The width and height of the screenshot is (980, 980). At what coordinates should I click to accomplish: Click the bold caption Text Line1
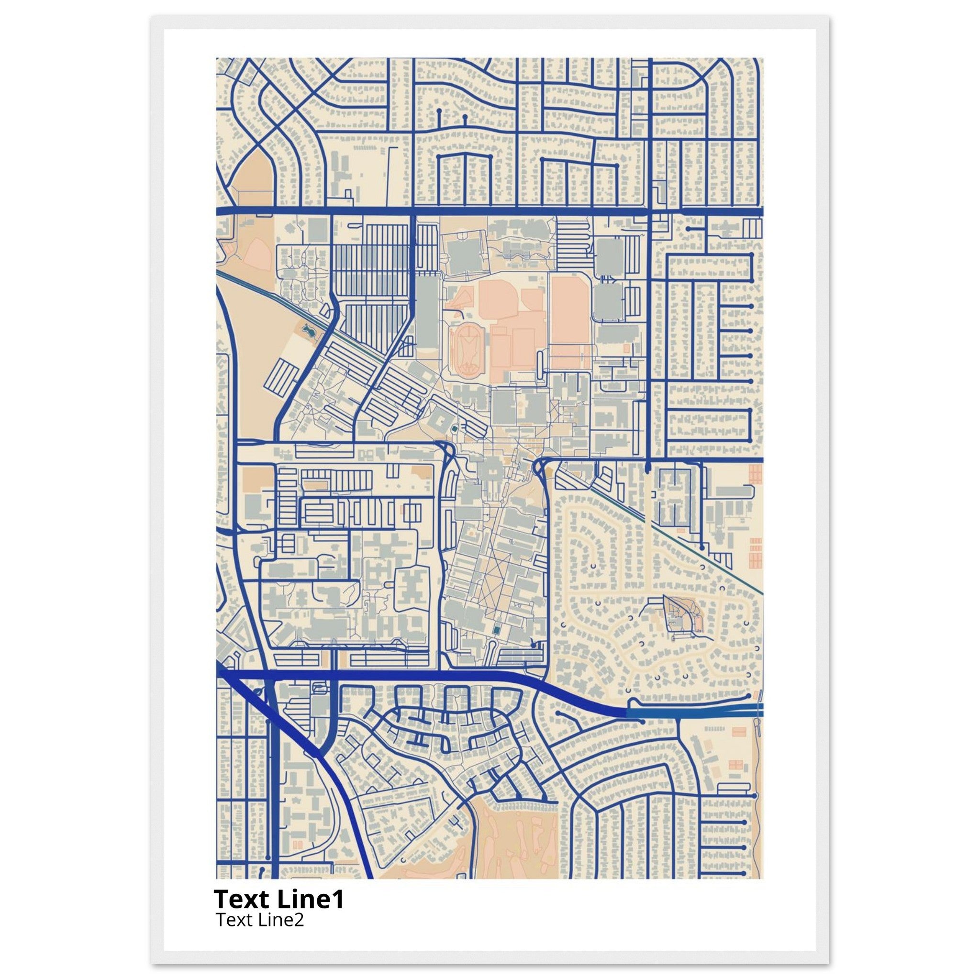click(x=278, y=899)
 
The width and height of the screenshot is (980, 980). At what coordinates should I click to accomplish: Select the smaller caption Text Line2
click(x=260, y=919)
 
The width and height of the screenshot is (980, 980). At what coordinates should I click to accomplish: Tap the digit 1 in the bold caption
click(x=338, y=899)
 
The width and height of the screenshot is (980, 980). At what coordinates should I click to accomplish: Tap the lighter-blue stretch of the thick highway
click(x=695, y=712)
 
